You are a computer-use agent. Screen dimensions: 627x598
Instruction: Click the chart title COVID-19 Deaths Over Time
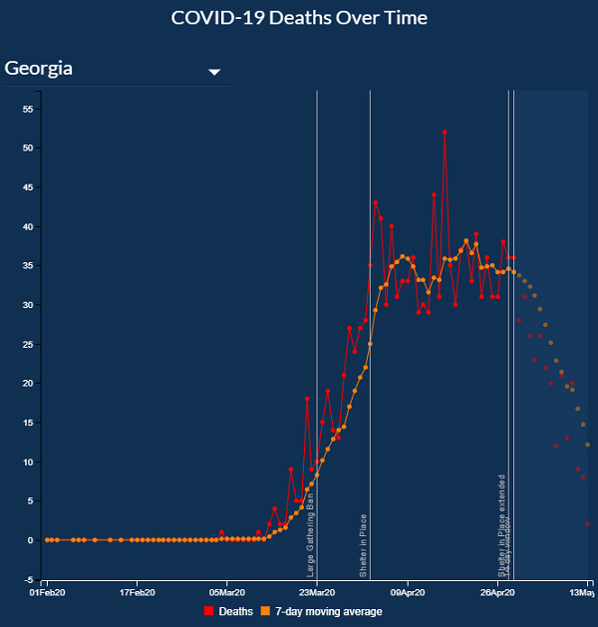(x=298, y=18)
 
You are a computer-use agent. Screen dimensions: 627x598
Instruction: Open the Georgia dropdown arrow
(x=213, y=72)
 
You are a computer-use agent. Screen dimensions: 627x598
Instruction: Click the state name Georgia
(x=39, y=69)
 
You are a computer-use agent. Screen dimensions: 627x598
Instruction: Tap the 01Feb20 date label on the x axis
(x=48, y=592)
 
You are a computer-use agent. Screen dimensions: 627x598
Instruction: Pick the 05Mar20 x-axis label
(x=226, y=592)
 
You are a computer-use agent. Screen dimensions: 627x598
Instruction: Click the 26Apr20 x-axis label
(x=496, y=592)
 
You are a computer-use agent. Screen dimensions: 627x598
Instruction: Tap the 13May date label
(x=581, y=592)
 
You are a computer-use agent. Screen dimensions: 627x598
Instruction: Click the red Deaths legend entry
(x=229, y=611)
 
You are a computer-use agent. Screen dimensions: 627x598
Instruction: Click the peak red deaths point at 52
(x=445, y=132)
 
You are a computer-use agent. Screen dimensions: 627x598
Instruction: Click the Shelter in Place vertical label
(x=363, y=546)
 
